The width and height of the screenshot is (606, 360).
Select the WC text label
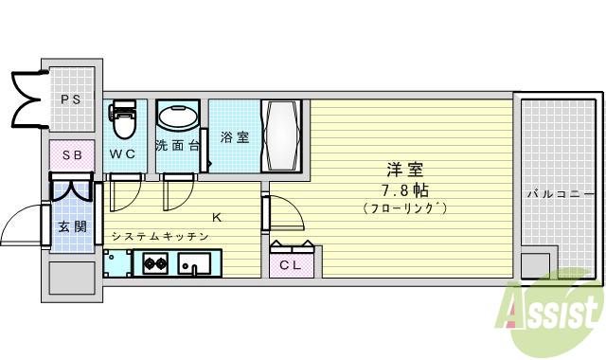point(122,153)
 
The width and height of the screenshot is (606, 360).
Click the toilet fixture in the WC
point(122,120)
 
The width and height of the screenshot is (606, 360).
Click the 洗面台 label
point(177,146)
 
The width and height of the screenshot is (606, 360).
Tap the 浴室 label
point(235,137)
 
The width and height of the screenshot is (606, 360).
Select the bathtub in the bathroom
point(284,136)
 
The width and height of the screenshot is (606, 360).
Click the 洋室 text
point(403,171)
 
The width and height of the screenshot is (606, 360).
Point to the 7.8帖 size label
point(403,189)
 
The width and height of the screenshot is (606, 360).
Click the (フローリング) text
point(404,207)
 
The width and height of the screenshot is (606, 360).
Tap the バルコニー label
point(561,194)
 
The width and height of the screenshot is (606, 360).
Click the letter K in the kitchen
point(216,218)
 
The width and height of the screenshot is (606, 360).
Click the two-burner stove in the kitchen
point(155,263)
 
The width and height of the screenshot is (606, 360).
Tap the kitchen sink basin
point(199,264)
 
